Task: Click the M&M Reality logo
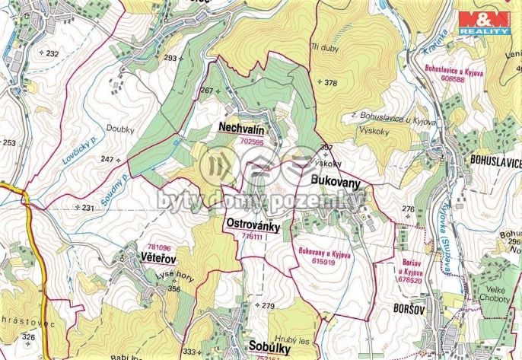(485, 23)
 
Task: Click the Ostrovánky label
(253, 226)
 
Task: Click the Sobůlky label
(272, 345)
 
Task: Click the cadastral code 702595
(251, 141)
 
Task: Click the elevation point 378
(328, 82)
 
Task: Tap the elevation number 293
(170, 59)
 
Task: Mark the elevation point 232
(50, 54)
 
